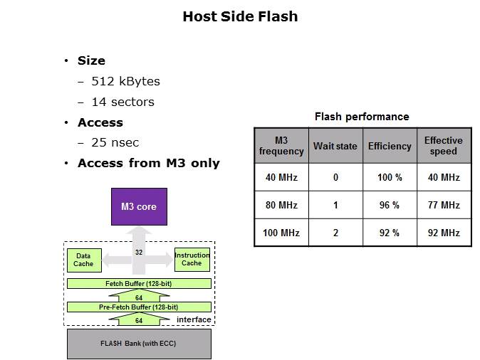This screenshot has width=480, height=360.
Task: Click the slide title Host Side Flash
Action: (x=240, y=16)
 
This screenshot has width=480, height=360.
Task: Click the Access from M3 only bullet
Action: (x=148, y=164)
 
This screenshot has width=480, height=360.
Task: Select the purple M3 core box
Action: (x=139, y=207)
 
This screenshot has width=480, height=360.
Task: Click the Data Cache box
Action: (x=83, y=260)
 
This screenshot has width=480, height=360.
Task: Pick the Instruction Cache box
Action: (x=192, y=260)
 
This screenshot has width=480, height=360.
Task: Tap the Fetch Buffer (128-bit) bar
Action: (x=139, y=283)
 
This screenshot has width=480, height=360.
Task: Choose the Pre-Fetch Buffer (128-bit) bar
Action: (x=139, y=307)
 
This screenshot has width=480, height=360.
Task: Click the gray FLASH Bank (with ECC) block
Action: (x=139, y=344)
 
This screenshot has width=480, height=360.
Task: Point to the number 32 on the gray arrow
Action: (x=140, y=252)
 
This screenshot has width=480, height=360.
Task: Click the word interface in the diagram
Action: (x=194, y=319)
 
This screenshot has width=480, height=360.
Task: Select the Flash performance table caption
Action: (x=362, y=117)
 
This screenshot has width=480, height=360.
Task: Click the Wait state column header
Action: (x=335, y=146)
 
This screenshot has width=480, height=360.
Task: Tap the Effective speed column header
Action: (x=443, y=146)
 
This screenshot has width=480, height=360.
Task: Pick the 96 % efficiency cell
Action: (x=390, y=205)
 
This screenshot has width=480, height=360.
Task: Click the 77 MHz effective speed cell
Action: (x=443, y=205)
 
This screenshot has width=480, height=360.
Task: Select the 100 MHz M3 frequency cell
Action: (x=281, y=233)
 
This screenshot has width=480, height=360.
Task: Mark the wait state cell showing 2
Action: (x=335, y=233)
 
